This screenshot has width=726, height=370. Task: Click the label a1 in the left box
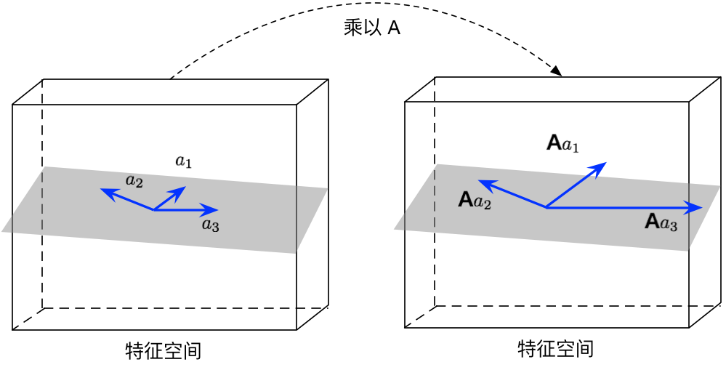[x=184, y=161]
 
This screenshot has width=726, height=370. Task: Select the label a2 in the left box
[x=134, y=180]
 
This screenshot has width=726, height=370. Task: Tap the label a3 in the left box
[x=211, y=225]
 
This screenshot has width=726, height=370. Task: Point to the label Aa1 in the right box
[x=563, y=143]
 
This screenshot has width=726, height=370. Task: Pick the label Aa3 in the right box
[x=661, y=222]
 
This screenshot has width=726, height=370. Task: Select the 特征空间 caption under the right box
[x=555, y=349]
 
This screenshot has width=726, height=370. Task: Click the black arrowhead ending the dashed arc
[x=557, y=71]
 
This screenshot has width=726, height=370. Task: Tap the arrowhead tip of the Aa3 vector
[x=701, y=208]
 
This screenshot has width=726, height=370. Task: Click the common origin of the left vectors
[x=153, y=210]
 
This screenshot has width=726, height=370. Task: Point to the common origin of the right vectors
[x=546, y=208]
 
